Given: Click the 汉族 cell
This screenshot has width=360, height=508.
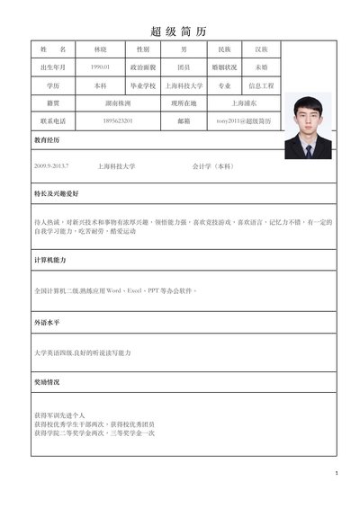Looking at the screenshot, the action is [261, 49].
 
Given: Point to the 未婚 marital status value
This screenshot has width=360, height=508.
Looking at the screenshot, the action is [261, 67].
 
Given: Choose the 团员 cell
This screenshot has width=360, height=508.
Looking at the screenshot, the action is [184, 67].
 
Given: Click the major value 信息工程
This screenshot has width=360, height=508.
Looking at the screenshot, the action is [261, 85].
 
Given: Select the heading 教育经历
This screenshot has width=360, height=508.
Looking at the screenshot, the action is [47, 141].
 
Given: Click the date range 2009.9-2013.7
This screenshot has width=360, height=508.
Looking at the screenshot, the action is [51, 166].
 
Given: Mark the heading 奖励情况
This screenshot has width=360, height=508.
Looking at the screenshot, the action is [47, 380].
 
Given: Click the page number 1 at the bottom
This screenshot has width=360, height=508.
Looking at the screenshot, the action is [336, 473].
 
